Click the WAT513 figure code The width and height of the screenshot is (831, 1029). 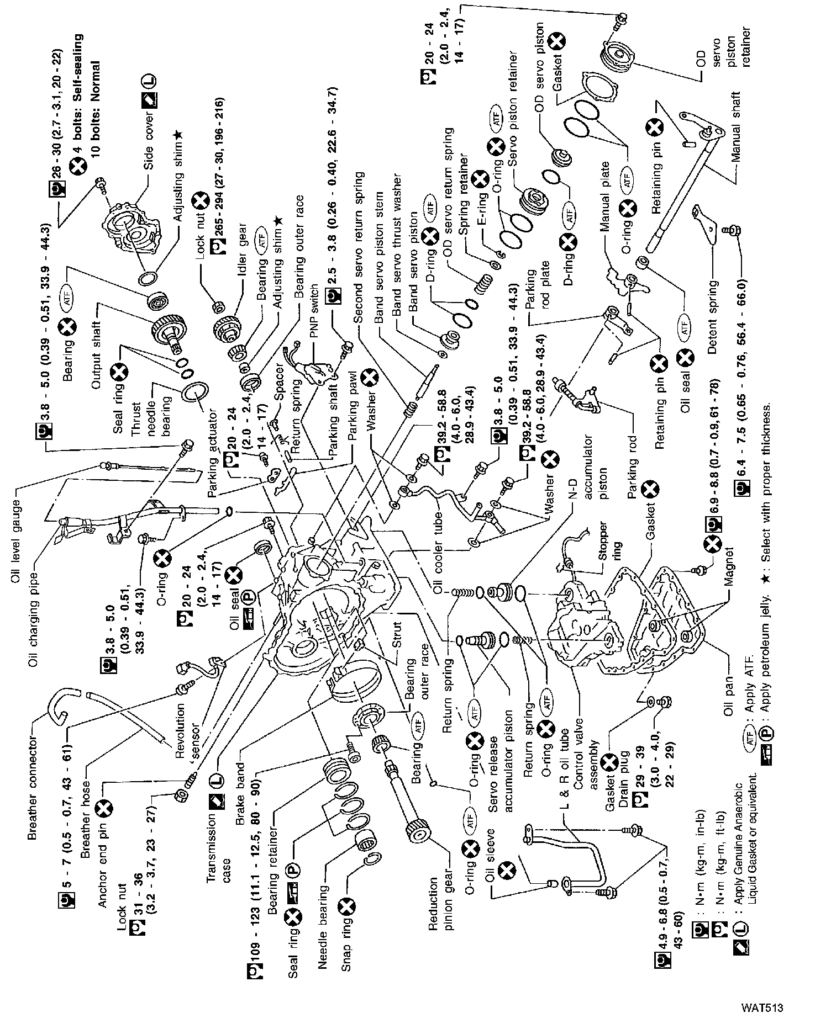[762, 1007]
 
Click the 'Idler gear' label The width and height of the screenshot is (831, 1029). [241, 269]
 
